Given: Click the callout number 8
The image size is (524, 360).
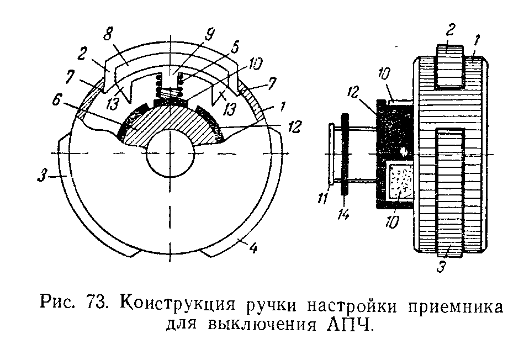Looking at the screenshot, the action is click(108, 34).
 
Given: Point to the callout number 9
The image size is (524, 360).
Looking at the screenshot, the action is click(210, 35).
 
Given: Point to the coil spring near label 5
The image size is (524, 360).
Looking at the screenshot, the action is click(169, 86).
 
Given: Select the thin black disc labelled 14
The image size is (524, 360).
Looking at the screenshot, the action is click(344, 154).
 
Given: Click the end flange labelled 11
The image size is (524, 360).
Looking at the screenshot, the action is click(331, 153).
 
